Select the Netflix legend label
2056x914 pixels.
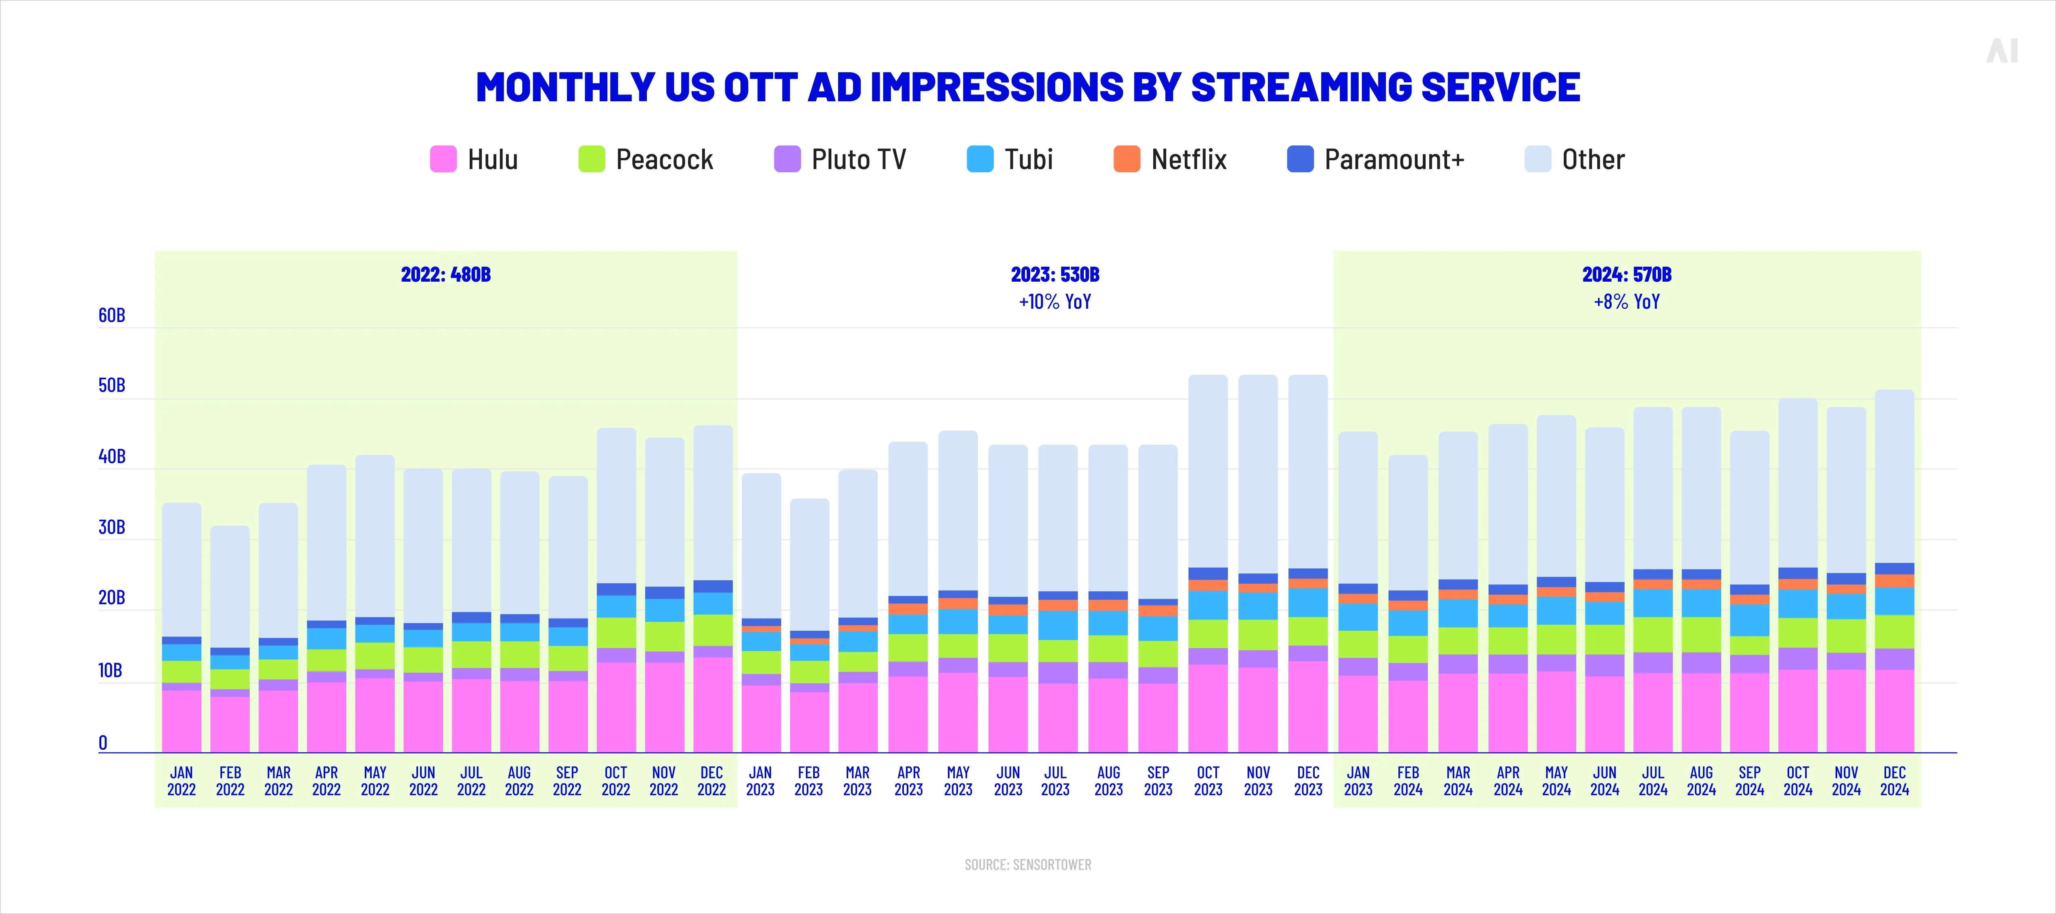(1188, 160)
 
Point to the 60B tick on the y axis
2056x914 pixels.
(112, 315)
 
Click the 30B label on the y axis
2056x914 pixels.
(112, 528)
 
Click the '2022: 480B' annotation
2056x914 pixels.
(446, 274)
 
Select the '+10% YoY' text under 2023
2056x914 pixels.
(1054, 302)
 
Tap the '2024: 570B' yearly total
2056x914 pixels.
(1627, 274)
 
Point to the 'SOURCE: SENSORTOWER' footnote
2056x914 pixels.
(1027, 864)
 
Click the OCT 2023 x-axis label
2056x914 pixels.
(1208, 781)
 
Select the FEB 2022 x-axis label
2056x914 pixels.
(230, 781)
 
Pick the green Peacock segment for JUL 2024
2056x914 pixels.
(1653, 635)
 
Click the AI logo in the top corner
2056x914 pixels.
(2002, 51)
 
